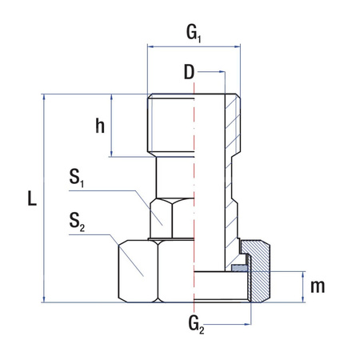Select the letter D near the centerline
pyautogui.click(x=188, y=74)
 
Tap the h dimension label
pyautogui.click(x=99, y=126)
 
